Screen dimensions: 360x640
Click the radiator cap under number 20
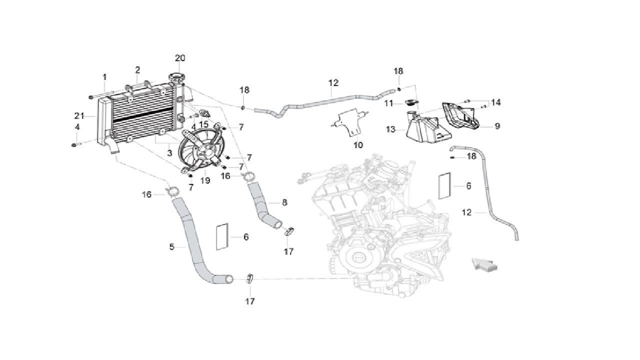tap(177, 79)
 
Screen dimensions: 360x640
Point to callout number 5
tap(171, 246)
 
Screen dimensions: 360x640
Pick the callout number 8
tap(284, 202)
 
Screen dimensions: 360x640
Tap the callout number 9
tap(497, 126)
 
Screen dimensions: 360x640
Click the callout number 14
tap(495, 102)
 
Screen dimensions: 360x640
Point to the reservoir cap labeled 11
tap(411, 102)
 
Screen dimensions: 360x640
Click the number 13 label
tap(391, 129)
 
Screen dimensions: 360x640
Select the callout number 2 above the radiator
tap(137, 70)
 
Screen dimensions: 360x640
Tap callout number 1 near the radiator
tap(105, 77)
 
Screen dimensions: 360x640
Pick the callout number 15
tap(203, 124)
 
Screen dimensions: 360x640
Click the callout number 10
tap(358, 145)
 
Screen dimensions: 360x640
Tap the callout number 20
tap(180, 58)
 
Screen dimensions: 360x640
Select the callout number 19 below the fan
tap(205, 180)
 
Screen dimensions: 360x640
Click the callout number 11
tap(389, 103)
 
